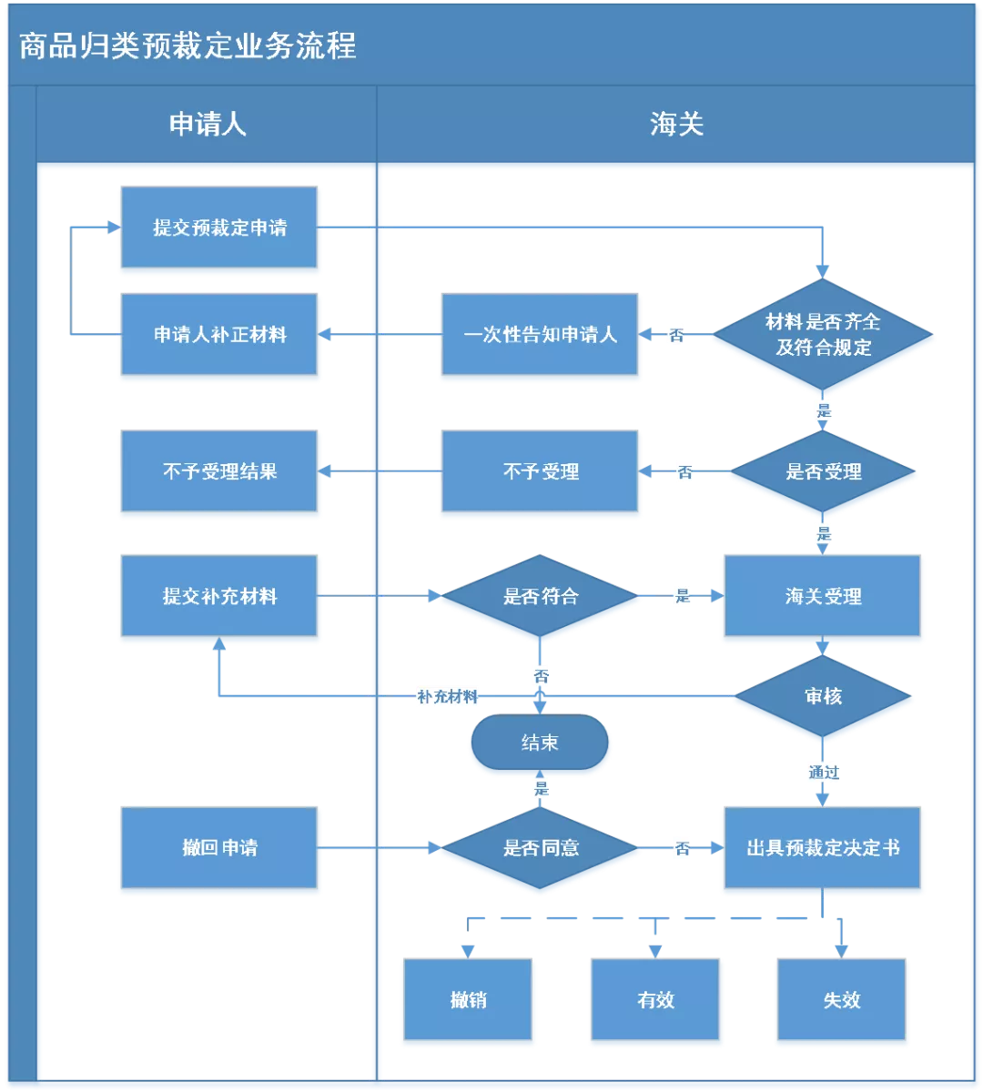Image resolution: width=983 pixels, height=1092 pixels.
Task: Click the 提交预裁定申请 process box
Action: (x=219, y=228)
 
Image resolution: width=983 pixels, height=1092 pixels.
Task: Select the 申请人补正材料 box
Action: (x=219, y=335)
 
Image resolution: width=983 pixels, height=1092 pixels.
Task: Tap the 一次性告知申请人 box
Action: (x=540, y=335)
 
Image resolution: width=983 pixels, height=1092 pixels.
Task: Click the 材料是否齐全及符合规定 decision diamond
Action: (x=823, y=335)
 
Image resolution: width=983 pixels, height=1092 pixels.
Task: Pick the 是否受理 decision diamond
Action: (x=823, y=472)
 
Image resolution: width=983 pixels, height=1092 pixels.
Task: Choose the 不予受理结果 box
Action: (x=219, y=472)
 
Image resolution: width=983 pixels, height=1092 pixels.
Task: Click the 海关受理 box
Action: (x=823, y=597)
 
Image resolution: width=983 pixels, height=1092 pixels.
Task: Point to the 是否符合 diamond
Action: (x=540, y=597)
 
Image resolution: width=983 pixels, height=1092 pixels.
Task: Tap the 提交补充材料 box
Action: (x=219, y=597)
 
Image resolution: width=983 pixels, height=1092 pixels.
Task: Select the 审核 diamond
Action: (x=823, y=697)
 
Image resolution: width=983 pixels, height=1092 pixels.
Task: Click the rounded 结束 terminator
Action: (x=540, y=743)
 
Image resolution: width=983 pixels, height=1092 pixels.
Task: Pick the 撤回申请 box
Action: (x=219, y=848)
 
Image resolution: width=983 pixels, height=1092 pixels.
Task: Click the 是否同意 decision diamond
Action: (x=540, y=848)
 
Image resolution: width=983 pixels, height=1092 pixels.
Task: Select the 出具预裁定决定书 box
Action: (x=823, y=848)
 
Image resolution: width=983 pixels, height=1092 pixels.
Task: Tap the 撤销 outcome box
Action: (x=468, y=1000)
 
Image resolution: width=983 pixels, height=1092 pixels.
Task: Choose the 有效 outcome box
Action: (x=655, y=1000)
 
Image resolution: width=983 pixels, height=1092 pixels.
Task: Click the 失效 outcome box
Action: (x=841, y=1000)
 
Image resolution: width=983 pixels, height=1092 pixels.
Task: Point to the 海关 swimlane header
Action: (x=676, y=125)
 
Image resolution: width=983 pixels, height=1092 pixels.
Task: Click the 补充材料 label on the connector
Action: (x=447, y=697)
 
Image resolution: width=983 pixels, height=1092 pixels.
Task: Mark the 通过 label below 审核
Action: (x=823, y=773)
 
